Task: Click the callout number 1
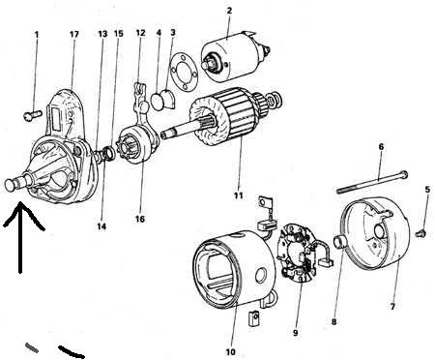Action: coord(37,34)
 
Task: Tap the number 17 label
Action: coord(74,34)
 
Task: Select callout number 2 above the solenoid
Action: coord(229,11)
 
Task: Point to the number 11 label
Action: coord(238,195)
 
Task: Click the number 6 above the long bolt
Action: coord(381,147)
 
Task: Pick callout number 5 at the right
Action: coord(427,190)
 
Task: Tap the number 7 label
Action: coord(392,306)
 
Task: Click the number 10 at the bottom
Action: coord(231,352)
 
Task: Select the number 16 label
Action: coord(140,219)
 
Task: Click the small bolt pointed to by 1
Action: coord(33,115)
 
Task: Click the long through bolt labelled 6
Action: coord(372,182)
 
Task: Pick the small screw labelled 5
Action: coord(421,233)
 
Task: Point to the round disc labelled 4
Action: coord(158,102)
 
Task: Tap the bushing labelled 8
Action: coord(339,242)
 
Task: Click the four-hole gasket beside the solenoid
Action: coord(183,73)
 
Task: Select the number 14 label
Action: coord(101,226)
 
